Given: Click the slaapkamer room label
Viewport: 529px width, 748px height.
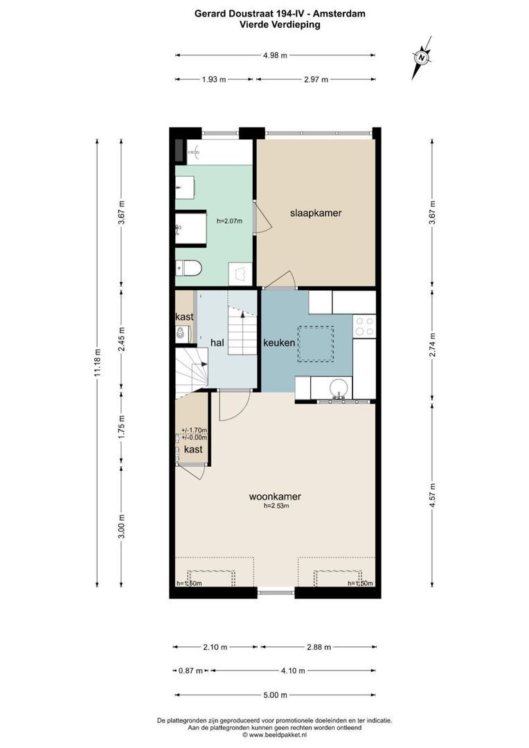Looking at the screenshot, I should click(x=315, y=213).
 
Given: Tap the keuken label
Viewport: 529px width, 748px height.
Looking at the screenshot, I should click(x=280, y=343).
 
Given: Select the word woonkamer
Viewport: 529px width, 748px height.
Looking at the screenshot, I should click(x=275, y=496).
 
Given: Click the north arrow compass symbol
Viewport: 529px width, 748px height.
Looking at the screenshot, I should click(x=421, y=57).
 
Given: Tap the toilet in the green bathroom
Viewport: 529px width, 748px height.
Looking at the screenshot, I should click(x=189, y=267).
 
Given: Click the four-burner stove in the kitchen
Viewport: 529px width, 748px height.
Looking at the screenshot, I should click(x=364, y=326).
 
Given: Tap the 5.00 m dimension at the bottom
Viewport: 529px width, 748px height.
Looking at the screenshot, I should click(x=276, y=695).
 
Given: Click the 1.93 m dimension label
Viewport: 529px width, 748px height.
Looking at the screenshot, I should click(x=214, y=80).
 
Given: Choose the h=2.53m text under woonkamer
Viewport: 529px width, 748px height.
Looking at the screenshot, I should click(x=276, y=506).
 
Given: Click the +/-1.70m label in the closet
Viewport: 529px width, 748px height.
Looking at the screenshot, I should click(x=194, y=430).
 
